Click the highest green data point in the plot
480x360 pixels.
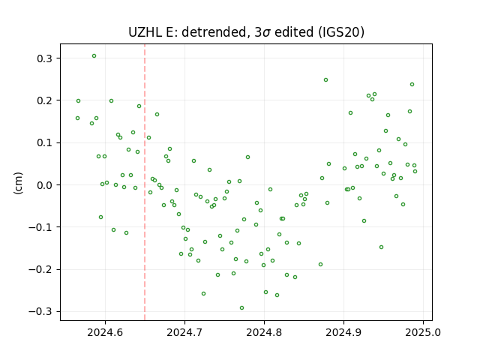94,56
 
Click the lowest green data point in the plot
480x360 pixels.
241,308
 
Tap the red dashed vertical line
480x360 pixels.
145,182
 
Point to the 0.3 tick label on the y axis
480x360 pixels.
44,58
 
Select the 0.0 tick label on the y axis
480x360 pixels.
44,185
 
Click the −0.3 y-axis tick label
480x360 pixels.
40,312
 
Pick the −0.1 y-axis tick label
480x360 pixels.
40,227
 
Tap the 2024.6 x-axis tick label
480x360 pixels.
105,332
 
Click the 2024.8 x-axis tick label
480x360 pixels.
264,332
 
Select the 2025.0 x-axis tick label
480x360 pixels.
423,332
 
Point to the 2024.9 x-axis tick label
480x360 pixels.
343,332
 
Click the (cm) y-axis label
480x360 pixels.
18,183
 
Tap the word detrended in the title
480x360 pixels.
214,32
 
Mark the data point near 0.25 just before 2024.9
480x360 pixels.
325,80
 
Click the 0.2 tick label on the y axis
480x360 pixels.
44,100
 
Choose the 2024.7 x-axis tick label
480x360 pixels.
184,332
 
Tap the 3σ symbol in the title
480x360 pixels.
262,32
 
